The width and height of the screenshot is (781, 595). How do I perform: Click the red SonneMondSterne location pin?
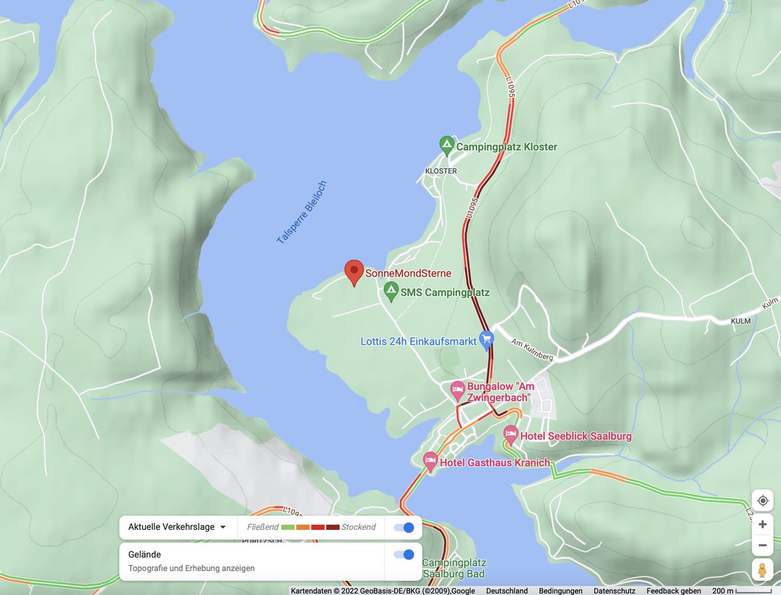click(x=353, y=271)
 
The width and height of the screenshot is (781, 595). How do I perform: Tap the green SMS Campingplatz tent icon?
click(x=391, y=291)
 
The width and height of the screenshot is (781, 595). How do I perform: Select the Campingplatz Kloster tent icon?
click(x=446, y=145)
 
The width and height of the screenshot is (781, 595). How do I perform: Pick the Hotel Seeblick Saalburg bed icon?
click(x=511, y=434)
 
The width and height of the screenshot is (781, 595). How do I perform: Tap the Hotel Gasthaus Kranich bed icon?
click(x=430, y=462)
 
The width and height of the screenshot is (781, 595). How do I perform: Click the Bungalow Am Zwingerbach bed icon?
click(x=458, y=391)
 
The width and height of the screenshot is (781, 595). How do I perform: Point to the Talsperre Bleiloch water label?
click(x=301, y=212)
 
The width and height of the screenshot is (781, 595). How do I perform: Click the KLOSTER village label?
click(x=441, y=171)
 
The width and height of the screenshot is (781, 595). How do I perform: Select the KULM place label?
click(x=741, y=321)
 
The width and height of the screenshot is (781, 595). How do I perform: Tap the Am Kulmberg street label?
click(x=532, y=349)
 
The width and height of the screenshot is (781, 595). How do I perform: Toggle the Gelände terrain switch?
click(x=404, y=555)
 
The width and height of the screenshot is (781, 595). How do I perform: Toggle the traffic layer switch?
click(x=404, y=527)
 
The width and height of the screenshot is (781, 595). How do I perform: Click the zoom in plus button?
click(x=763, y=525)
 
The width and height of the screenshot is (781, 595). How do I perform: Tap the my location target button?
click(x=763, y=500)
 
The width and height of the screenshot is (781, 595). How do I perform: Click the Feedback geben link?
click(x=674, y=591)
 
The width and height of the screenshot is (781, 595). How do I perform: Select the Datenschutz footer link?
click(x=614, y=591)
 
